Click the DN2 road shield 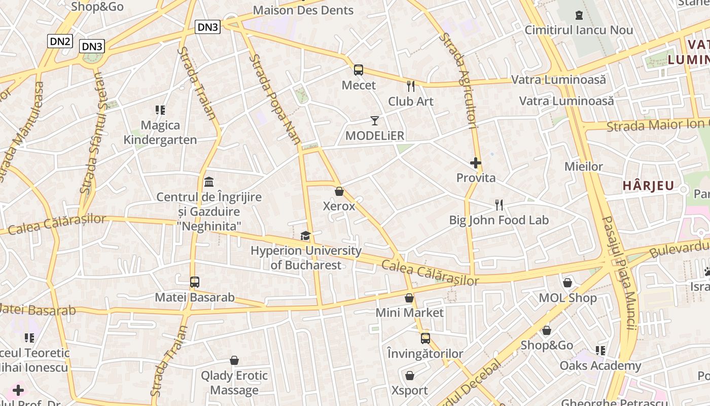click(x=60, y=41)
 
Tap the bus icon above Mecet click(x=359, y=70)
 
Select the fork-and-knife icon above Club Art click(x=411, y=86)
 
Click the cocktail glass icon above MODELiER click(x=375, y=121)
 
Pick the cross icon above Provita click(x=476, y=163)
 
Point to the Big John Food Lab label click(x=499, y=220)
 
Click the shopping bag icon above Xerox click(x=339, y=191)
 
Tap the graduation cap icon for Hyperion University click(x=305, y=235)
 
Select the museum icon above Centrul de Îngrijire click(x=209, y=182)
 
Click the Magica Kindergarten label click(x=160, y=132)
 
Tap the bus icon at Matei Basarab click(x=195, y=282)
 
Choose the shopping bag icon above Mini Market click(x=409, y=298)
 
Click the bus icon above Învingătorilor click(x=425, y=338)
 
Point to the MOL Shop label click(x=567, y=298)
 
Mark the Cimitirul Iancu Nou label click(x=579, y=30)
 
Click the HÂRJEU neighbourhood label click(x=648, y=186)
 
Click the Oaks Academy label click(x=600, y=365)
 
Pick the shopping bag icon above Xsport click(x=410, y=376)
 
